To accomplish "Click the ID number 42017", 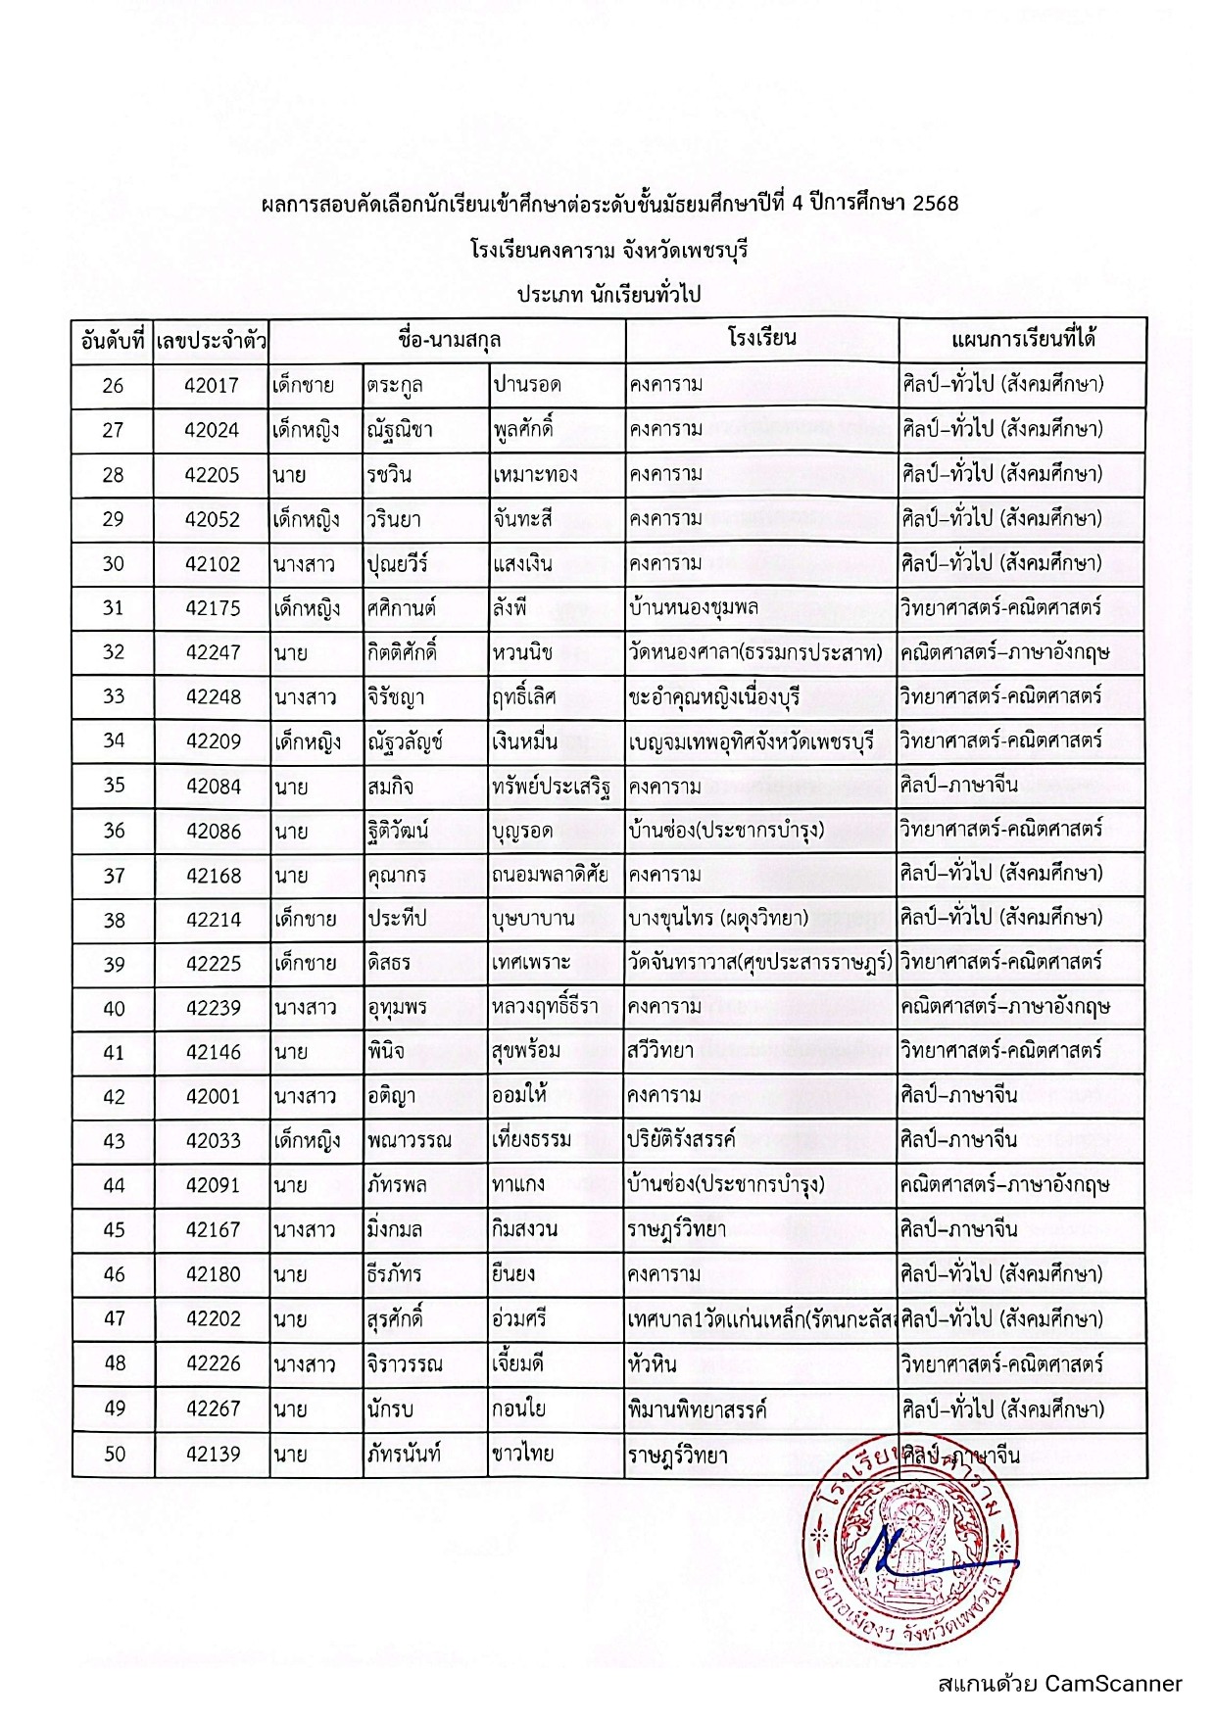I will [212, 385].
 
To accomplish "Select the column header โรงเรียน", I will [761, 339].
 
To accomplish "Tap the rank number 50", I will [115, 1454].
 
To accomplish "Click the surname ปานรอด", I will [527, 385].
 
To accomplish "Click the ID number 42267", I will [213, 1409].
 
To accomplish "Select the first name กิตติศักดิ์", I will [403, 651].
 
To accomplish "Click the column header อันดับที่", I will [113, 341].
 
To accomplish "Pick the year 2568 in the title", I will [935, 204].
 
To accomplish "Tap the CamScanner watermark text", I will [1059, 1683].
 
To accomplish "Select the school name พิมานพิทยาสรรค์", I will [697, 1409].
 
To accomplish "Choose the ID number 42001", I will [213, 1096].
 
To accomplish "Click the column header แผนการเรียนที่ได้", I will [1023, 340].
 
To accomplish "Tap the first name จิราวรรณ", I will [406, 1363].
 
